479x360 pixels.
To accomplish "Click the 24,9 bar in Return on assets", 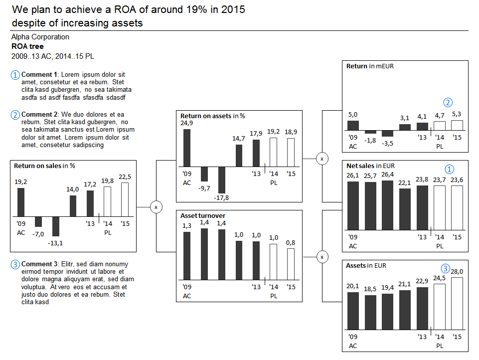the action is click(x=186, y=148).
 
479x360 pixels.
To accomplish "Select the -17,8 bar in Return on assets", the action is click(x=221, y=180).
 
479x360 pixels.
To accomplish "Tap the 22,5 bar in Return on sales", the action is click(x=125, y=199).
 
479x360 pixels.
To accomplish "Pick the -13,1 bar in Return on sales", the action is click(x=56, y=226).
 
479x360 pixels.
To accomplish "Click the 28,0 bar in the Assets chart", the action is click(x=457, y=304).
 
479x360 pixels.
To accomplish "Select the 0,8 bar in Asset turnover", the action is click(x=291, y=264).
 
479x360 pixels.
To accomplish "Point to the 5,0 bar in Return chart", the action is click(x=353, y=126).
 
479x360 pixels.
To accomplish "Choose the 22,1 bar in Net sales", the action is click(x=405, y=209).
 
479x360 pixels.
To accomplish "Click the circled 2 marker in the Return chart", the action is click(x=448, y=102).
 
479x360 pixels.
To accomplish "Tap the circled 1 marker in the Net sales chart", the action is click(x=450, y=169).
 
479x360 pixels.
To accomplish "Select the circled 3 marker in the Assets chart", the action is click(x=446, y=268).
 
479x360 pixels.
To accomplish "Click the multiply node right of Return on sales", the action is click(x=156, y=207).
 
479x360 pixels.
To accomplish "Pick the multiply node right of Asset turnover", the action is click(x=322, y=257).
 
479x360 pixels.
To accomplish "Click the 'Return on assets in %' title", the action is click(x=213, y=116).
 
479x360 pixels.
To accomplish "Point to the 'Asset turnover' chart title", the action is click(x=203, y=215).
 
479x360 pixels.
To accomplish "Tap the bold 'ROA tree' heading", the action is click(x=27, y=46).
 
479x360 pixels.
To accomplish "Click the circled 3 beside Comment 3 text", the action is click(x=15, y=264).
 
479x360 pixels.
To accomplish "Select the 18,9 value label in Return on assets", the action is click(x=291, y=132).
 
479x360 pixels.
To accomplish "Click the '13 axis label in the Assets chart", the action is click(x=422, y=337).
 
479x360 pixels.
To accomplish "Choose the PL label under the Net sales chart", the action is click(x=440, y=246).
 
